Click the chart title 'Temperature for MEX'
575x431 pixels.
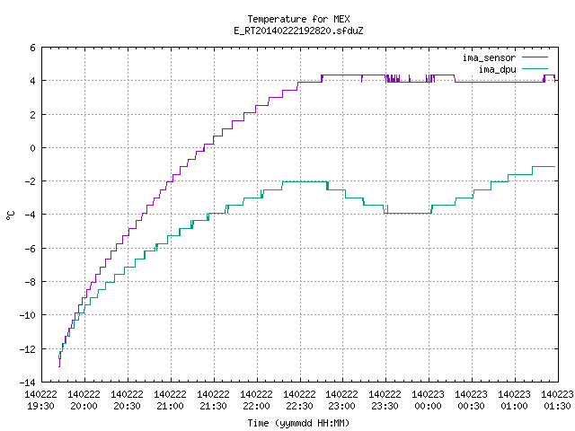click(x=298, y=19)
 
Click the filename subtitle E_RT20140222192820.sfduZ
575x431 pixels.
click(x=298, y=31)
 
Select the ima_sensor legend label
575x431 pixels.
click(x=489, y=57)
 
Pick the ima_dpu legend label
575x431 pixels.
click(x=497, y=69)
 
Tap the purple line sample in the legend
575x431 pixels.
click(x=535, y=57)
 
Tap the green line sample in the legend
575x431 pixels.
click(x=535, y=68)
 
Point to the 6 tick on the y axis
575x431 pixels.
click(x=33, y=48)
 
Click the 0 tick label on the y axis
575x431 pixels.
click(x=33, y=148)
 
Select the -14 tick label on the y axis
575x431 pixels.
click(x=28, y=383)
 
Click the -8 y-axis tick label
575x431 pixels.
click(x=31, y=282)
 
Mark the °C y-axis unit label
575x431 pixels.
click(x=11, y=215)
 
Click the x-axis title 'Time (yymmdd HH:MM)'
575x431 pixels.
click(x=298, y=423)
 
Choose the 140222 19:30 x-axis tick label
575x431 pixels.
click(x=40, y=400)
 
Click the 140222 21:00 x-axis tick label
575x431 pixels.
click(x=170, y=400)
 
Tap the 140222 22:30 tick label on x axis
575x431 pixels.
click(x=299, y=400)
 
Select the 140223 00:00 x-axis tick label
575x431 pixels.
click(x=428, y=400)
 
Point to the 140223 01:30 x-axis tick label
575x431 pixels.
click(x=557, y=400)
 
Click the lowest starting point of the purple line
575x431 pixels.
click(x=59, y=366)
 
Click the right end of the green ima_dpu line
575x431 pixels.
click(x=555, y=167)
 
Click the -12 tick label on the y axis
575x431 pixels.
click(x=28, y=349)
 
